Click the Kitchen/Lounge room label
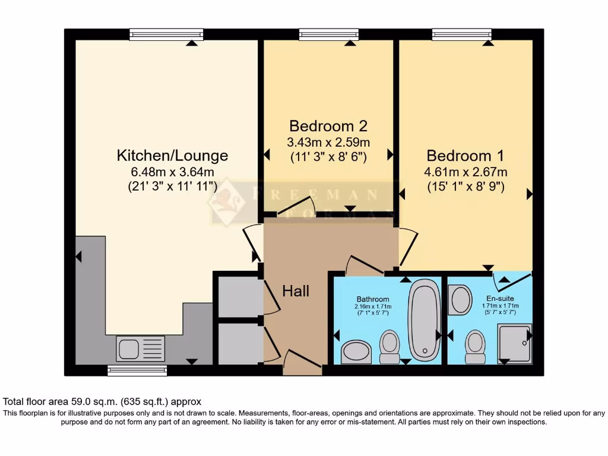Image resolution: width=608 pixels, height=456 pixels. coord(172,156)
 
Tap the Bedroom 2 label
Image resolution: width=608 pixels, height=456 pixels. coord(328,126)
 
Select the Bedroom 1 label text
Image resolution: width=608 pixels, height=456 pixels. coord(465,156)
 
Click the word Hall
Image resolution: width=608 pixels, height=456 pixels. coord(295,291)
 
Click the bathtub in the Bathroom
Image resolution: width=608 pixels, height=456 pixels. coord(424,321)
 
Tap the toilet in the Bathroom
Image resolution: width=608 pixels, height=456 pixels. coord(389,346)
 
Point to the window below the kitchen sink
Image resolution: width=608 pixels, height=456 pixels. coord(137,370)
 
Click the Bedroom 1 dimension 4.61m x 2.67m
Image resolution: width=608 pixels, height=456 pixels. coord(465,172)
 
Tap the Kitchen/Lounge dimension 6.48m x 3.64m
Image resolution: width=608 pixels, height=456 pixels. coord(172,172)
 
